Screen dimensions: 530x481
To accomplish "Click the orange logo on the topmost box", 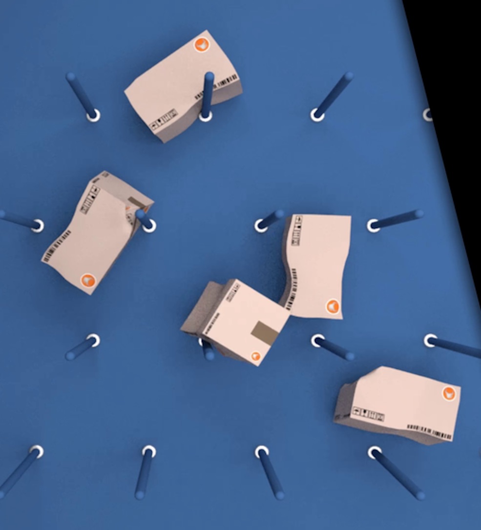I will click(201, 45).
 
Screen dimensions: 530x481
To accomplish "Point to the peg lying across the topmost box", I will click(208, 93).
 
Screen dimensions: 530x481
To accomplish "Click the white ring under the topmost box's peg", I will click(206, 116).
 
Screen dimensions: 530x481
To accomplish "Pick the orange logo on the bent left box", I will click(88, 281).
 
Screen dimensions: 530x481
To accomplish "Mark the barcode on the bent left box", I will click(57, 246).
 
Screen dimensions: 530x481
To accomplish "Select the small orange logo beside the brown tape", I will click(255, 356).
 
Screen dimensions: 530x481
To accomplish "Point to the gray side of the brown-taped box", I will click(200, 307).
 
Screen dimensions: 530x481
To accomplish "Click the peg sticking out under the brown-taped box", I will click(209, 352).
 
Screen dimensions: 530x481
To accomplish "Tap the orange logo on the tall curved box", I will click(333, 306).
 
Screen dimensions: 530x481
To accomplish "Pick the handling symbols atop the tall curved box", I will click(296, 230).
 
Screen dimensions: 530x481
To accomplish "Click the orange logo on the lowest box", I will click(449, 393).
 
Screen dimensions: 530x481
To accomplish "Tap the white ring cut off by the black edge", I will click(428, 115).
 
